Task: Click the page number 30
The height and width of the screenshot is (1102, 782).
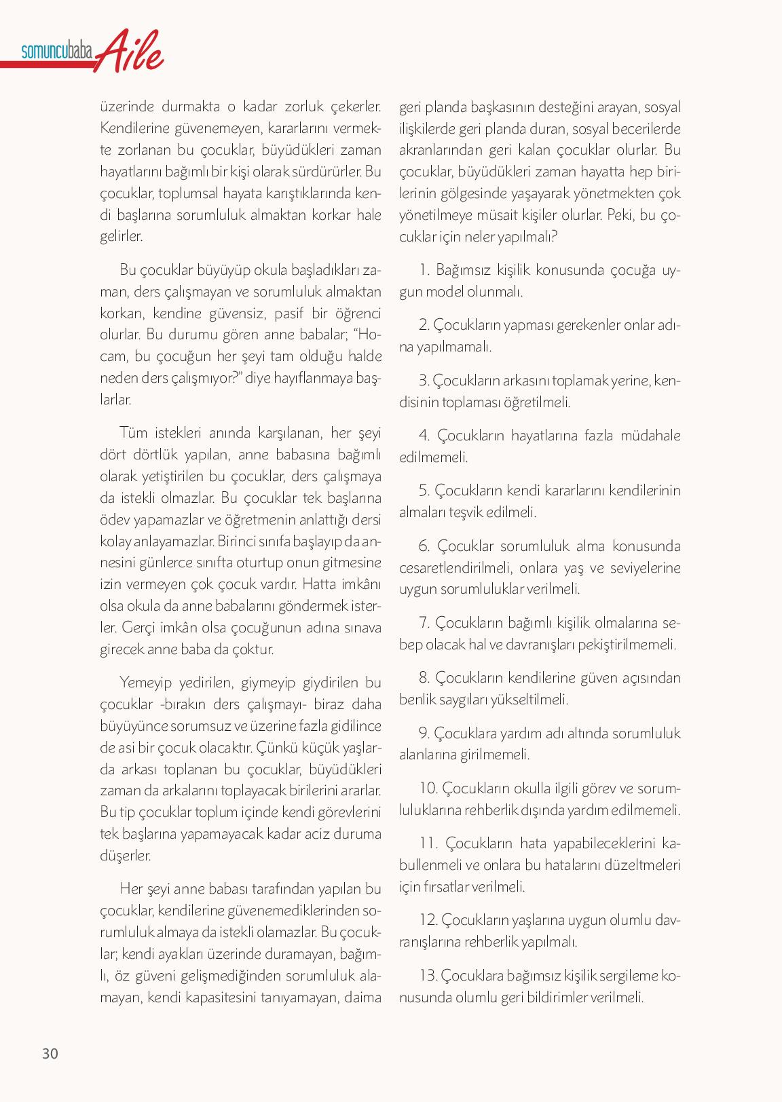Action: pos(50,1054)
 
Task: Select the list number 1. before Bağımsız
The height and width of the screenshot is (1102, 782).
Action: pos(425,270)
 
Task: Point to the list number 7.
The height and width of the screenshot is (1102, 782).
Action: pos(425,622)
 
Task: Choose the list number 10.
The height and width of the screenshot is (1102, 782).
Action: pos(428,788)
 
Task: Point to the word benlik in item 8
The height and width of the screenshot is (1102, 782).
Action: pos(417,699)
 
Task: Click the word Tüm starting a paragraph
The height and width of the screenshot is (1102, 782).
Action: pos(133,432)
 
